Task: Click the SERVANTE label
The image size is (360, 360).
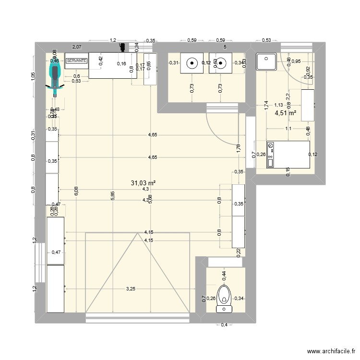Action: [x=77, y=61]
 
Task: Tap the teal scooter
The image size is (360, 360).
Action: [x=55, y=79]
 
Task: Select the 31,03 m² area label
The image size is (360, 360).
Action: [x=143, y=183]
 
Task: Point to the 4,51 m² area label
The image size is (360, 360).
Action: [x=285, y=113]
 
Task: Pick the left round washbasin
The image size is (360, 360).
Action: [x=192, y=62]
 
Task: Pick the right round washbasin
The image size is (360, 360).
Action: [x=220, y=62]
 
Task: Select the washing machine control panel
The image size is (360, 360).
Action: [x=271, y=155]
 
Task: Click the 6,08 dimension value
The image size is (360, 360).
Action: [x=75, y=191]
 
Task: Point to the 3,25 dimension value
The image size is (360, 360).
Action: [x=131, y=289]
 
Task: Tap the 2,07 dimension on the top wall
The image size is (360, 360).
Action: [x=76, y=47]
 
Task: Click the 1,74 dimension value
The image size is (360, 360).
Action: [x=265, y=106]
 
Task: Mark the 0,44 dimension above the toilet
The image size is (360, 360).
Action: [x=224, y=275]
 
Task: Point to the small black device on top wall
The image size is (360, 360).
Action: [x=122, y=47]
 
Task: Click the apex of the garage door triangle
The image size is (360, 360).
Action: [x=138, y=233]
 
